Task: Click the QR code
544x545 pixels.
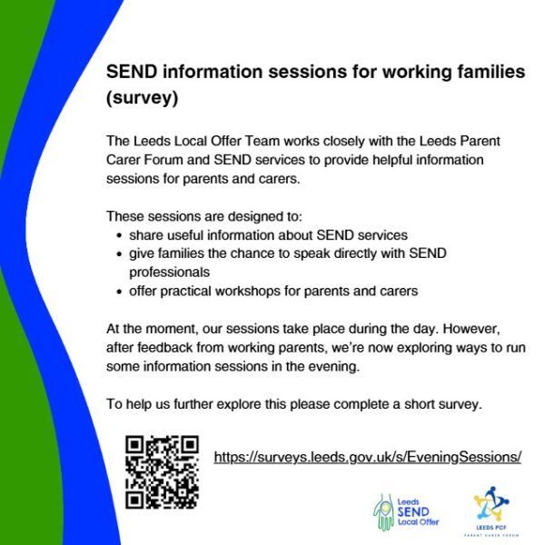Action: click(x=162, y=471)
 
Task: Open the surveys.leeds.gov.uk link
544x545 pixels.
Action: click(x=367, y=457)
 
